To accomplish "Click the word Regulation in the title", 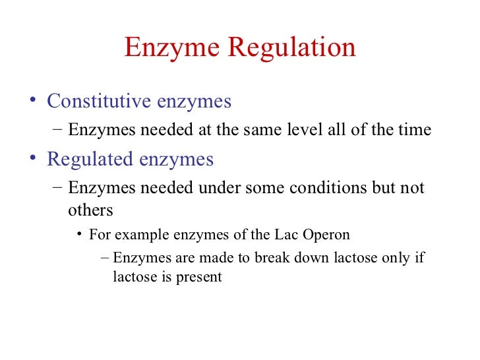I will (292, 48).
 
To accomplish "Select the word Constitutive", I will (99, 102).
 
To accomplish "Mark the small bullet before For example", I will (80, 235).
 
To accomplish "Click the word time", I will (415, 130).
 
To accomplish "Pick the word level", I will (305, 130).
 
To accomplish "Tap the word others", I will (90, 210).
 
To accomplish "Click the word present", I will (198, 277).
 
